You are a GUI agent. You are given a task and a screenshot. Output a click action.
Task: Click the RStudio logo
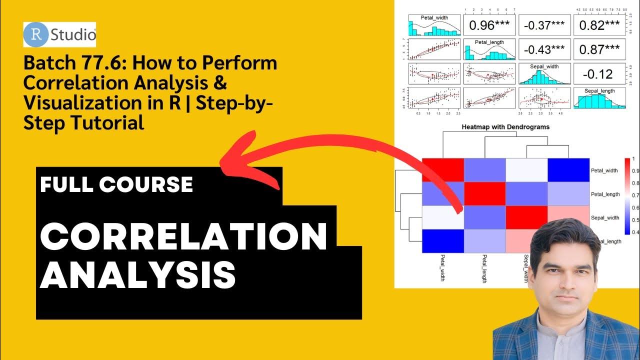point(59,34)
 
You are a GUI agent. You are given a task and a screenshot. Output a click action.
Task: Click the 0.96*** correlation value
point(488,25)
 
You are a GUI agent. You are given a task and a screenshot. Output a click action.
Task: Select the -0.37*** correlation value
point(544,25)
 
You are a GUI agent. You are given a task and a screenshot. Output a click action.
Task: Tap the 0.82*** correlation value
point(599,25)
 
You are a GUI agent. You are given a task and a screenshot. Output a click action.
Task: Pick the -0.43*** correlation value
point(544,49)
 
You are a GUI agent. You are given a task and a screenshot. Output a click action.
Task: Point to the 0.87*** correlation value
point(599,49)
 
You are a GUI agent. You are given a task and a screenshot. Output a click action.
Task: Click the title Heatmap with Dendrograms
point(505,127)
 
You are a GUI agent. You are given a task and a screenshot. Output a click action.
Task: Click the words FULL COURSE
point(116,184)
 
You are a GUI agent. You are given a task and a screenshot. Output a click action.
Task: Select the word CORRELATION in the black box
point(183,236)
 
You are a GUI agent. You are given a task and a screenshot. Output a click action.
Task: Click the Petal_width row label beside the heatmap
point(605,170)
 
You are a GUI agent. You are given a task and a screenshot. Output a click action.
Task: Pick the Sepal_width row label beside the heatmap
point(605,217)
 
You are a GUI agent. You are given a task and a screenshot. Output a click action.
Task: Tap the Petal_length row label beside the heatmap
point(605,194)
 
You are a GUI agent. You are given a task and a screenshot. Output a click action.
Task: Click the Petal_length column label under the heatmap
point(485,269)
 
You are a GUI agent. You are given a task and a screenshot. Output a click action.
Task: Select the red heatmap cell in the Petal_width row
point(443,170)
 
